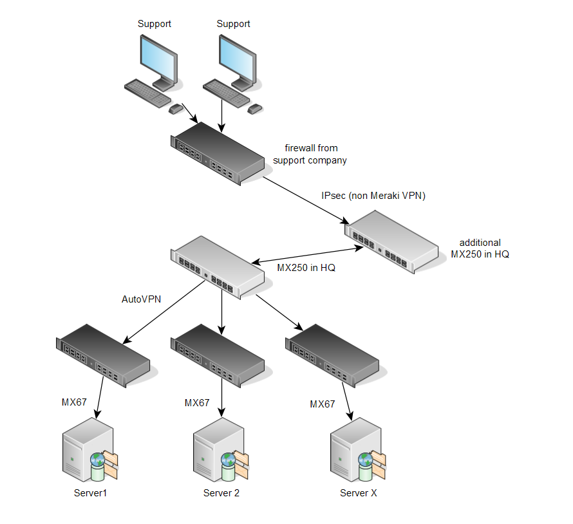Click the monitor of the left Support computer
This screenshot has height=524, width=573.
pyautogui.click(x=158, y=57)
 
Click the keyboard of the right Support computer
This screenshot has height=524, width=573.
pyautogui.click(x=226, y=93)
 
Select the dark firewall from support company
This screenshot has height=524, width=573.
pyautogui.click(x=218, y=154)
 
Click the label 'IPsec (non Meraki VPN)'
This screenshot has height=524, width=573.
pyautogui.click(x=373, y=196)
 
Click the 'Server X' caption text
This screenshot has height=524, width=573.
pyautogui.click(x=358, y=494)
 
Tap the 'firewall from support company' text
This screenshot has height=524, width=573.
pyautogui.click(x=310, y=154)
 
